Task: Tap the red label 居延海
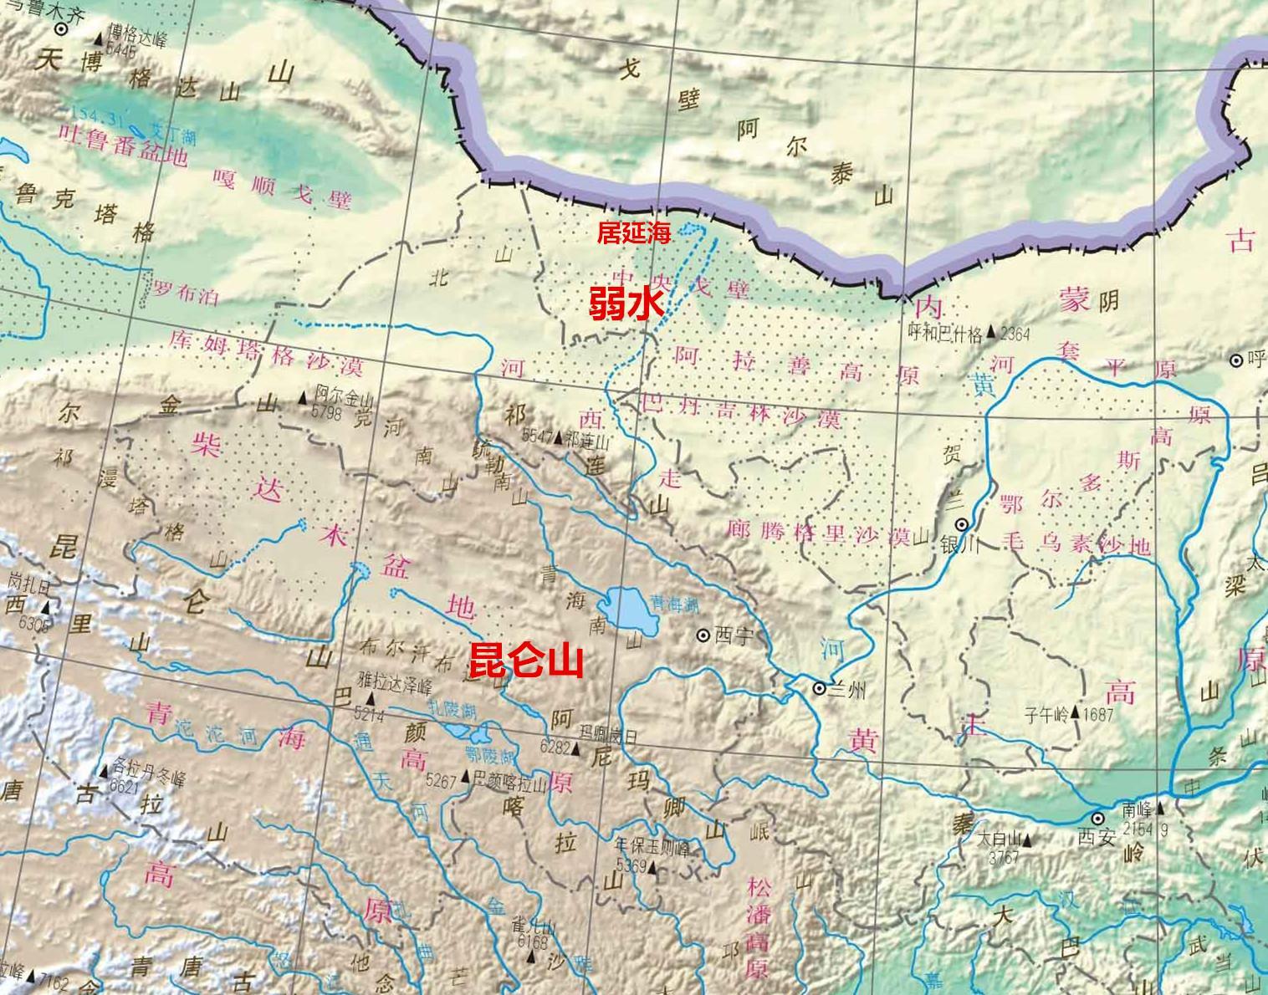pos(634,233)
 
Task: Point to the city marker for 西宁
pos(703,635)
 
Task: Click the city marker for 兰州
pos(820,688)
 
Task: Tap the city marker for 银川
pos(963,524)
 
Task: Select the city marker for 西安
pos(1097,817)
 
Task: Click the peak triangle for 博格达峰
pos(99,38)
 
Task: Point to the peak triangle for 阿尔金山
pos(306,402)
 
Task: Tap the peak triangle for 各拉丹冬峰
pos(104,771)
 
